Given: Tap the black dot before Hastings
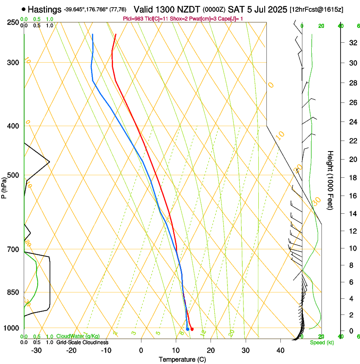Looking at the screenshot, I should (23, 9).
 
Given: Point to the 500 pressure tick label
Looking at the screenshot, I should (13, 175).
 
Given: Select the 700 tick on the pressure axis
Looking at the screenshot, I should (13, 249).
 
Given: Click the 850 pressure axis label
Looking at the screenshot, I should (13, 292).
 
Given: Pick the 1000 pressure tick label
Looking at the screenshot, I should (11, 328).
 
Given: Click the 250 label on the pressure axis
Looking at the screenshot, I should (13, 22).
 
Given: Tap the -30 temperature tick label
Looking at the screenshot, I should (36, 350).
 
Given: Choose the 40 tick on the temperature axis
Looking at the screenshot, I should (280, 350).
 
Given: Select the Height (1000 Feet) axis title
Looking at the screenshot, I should (331, 180).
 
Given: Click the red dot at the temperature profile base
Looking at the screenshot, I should (192, 329).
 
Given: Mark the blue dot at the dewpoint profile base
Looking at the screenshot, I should (188, 329).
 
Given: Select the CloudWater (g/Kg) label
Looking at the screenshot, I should (78, 336).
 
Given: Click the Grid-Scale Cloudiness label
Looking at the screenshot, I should (82, 342).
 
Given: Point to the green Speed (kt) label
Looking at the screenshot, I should (321, 342).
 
